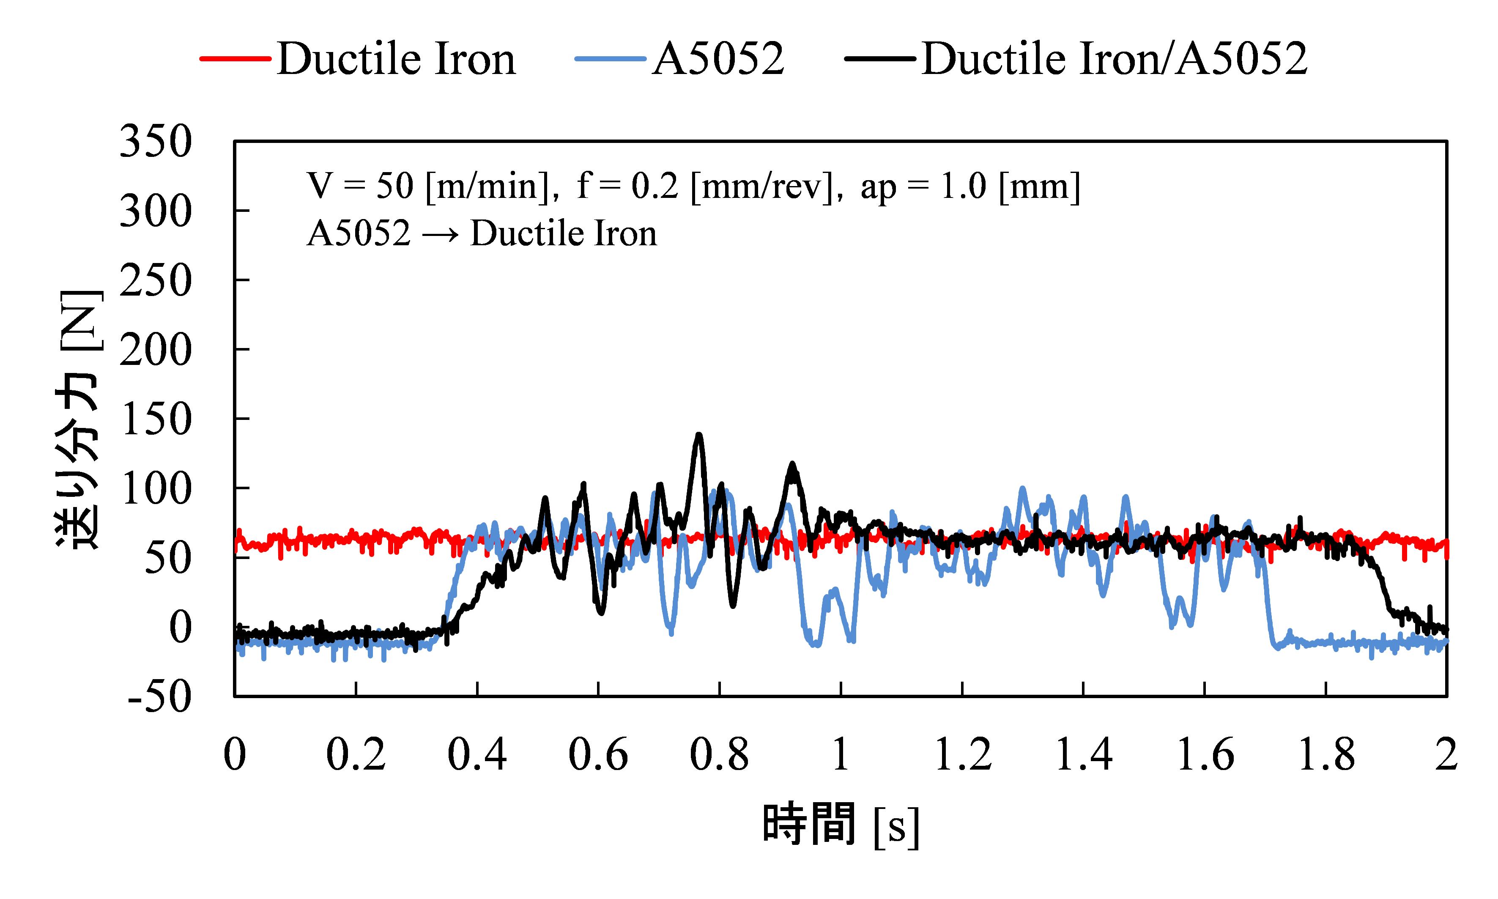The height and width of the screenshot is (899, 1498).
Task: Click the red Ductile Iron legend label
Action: coord(396,59)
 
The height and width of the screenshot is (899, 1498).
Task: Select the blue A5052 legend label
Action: coord(718,59)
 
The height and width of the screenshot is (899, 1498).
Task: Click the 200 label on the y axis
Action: coord(156,350)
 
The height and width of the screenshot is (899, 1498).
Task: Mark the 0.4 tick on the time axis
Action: coord(477,755)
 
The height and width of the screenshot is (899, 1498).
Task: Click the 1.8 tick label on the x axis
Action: coord(1326,755)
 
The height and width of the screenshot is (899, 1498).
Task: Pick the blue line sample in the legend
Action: coord(610,59)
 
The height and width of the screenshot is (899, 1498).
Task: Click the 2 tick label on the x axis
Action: coord(1446,755)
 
